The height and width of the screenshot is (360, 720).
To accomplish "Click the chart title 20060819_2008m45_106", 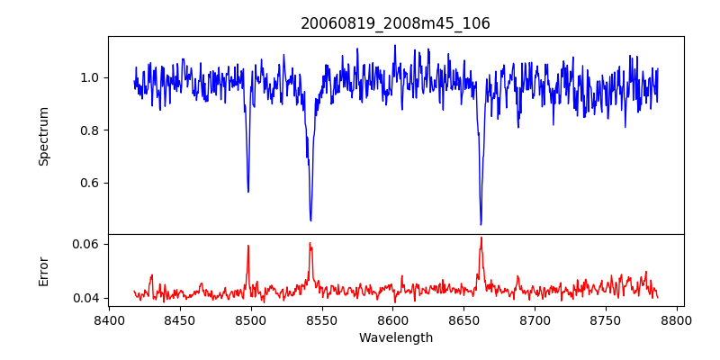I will click(395, 23).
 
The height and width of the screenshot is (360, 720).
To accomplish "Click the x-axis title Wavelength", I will click(395, 337).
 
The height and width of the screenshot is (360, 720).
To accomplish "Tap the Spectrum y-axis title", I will click(44, 136).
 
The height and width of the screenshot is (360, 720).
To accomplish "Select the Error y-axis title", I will click(44, 271).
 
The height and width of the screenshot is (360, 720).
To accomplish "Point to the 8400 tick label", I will click(109, 319).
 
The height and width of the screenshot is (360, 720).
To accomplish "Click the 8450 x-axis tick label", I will click(180, 319).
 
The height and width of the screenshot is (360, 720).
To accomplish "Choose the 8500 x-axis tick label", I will click(250, 319).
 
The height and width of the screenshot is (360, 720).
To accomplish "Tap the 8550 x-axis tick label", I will click(321, 319).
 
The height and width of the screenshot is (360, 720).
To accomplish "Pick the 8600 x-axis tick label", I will click(392, 319).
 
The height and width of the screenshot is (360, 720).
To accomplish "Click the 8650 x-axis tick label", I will click(463, 319).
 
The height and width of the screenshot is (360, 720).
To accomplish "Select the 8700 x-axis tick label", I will click(535, 319).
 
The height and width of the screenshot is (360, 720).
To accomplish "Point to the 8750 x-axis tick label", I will click(606, 319).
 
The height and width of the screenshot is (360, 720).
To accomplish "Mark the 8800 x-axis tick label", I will click(677, 319).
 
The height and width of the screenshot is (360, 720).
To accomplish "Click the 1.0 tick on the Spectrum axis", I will click(88, 77).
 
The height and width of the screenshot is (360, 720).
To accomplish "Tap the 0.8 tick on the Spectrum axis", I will click(88, 130).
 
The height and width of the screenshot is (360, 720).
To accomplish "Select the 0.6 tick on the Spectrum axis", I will click(88, 183).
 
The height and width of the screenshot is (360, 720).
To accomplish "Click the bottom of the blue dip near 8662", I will click(481, 224).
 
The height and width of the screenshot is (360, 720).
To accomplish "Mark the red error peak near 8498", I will click(248, 246).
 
